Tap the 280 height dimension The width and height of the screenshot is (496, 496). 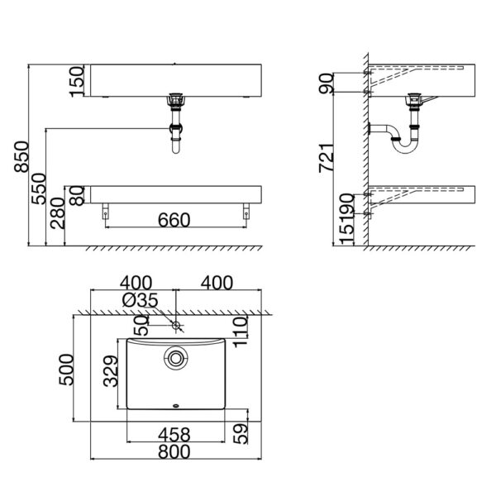[55, 217]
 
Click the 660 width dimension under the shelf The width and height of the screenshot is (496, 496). [174, 219]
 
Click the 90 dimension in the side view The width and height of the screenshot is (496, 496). [328, 83]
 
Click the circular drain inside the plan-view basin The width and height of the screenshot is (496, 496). [175, 358]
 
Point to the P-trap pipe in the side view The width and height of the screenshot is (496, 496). [397, 138]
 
